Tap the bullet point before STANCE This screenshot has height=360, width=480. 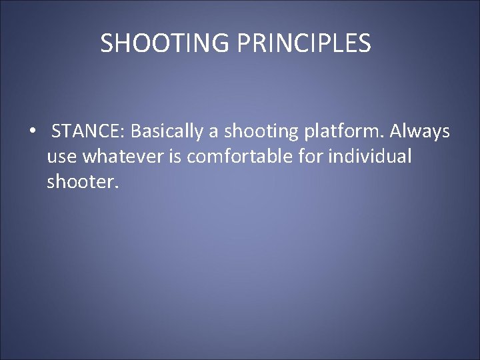(x=32, y=133)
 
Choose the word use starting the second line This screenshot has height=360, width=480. (x=61, y=157)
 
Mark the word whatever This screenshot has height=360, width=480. (x=117, y=157)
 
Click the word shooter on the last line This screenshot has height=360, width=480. (x=81, y=182)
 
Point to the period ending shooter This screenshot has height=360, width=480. (x=117, y=187)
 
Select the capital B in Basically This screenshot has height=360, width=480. (x=135, y=132)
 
